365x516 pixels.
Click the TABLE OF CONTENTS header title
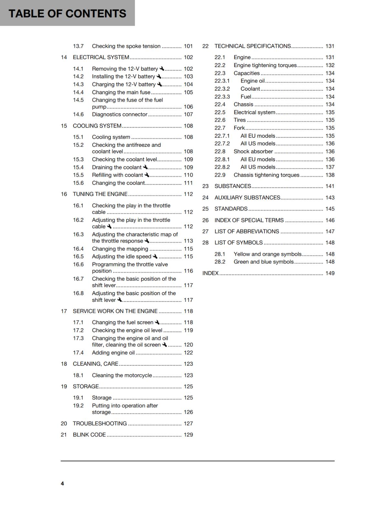pyautogui.click(x=67, y=14)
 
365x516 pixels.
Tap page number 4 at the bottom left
pyautogui.click(x=62, y=483)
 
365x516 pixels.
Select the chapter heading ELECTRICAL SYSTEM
pyautogui.click(x=101, y=57)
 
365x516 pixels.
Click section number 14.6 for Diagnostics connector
pyautogui.click(x=78, y=114)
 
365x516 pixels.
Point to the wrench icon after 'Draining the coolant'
pyautogui.click(x=145, y=167)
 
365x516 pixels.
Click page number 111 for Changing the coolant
pyautogui.click(x=188, y=183)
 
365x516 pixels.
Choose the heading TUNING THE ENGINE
pyautogui.click(x=100, y=194)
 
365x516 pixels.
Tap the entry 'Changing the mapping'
pyautogui.click(x=120, y=249)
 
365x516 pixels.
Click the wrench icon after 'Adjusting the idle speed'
pyautogui.click(x=155, y=256)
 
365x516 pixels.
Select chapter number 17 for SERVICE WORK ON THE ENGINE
pyautogui.click(x=64, y=311)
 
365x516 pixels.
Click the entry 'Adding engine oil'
pyautogui.click(x=113, y=353)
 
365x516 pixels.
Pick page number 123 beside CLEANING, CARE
pyautogui.click(x=188, y=364)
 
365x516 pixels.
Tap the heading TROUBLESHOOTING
pyautogui.click(x=99, y=423)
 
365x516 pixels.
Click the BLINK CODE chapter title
pyautogui.click(x=89, y=435)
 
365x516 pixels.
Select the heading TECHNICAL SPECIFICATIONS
pyautogui.click(x=253, y=46)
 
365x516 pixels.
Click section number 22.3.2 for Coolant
pyautogui.click(x=222, y=89)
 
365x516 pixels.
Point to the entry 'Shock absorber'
pyautogui.click(x=253, y=152)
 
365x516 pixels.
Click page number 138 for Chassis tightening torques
pyautogui.click(x=330, y=175)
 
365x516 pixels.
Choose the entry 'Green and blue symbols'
pyautogui.click(x=264, y=262)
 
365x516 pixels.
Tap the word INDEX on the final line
pyautogui.click(x=211, y=273)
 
